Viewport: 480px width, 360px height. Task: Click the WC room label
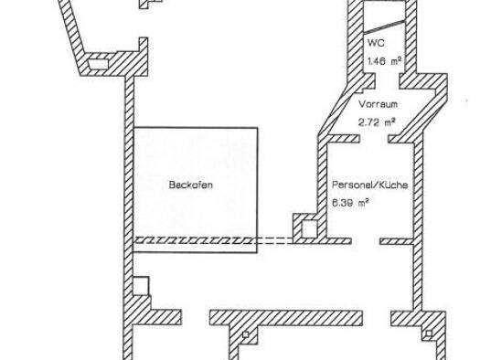point(376,43)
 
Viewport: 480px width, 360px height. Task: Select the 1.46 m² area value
point(385,61)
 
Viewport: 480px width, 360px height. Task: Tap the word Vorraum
point(379,104)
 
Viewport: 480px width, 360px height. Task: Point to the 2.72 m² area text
point(377,122)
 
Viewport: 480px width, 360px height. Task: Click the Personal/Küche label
point(370,185)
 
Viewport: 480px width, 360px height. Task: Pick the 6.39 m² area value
point(350,203)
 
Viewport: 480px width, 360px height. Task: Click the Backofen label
point(191,185)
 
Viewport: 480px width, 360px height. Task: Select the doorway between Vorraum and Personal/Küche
point(374,139)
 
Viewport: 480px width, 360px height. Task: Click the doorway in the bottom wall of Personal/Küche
point(366,241)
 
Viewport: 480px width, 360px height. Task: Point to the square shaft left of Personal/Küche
point(310,228)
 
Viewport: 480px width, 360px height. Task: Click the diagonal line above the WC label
point(384,26)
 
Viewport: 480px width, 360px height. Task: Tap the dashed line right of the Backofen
point(275,240)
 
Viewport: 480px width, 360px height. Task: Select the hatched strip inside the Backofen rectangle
point(195,240)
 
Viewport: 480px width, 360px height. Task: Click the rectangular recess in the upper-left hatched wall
point(98,64)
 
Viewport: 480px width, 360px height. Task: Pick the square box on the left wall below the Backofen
point(141,286)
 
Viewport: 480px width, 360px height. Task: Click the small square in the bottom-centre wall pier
point(246,334)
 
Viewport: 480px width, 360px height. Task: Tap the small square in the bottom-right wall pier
point(429,334)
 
